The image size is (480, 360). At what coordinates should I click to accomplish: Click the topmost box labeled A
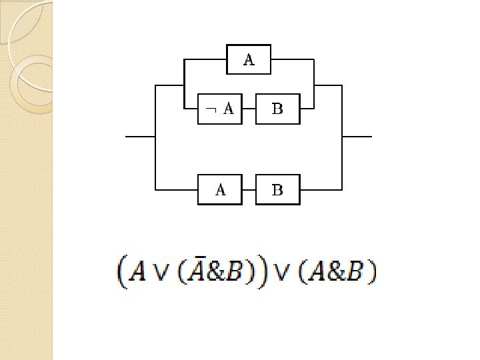click(x=248, y=59)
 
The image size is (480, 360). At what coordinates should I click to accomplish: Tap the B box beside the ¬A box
click(x=278, y=109)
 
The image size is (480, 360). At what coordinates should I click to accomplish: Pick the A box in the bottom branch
click(x=220, y=190)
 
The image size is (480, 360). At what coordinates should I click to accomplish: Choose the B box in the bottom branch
click(x=278, y=190)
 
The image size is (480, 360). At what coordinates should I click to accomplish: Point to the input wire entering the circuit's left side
click(x=140, y=136)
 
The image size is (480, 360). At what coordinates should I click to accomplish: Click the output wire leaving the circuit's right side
click(x=357, y=136)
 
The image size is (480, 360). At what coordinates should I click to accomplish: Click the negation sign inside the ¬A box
click(x=209, y=109)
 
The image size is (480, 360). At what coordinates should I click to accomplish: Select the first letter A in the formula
click(x=138, y=271)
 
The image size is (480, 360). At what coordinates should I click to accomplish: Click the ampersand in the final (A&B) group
click(x=336, y=271)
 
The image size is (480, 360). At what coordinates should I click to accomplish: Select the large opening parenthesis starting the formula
click(x=122, y=271)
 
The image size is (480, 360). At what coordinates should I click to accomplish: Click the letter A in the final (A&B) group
click(x=317, y=271)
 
